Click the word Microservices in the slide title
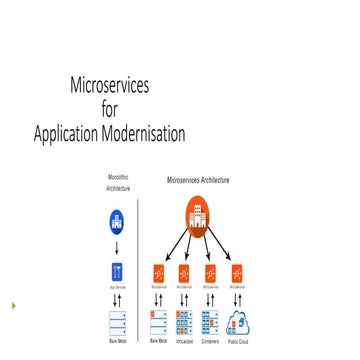click(x=111, y=87)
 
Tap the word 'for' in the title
click(x=111, y=109)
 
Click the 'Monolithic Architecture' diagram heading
click(x=119, y=182)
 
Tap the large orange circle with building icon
click(x=197, y=216)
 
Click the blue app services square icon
click(x=118, y=271)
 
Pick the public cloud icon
click(x=238, y=322)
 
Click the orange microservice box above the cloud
click(x=238, y=271)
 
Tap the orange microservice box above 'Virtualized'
click(x=184, y=271)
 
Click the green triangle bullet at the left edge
click(x=13, y=304)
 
